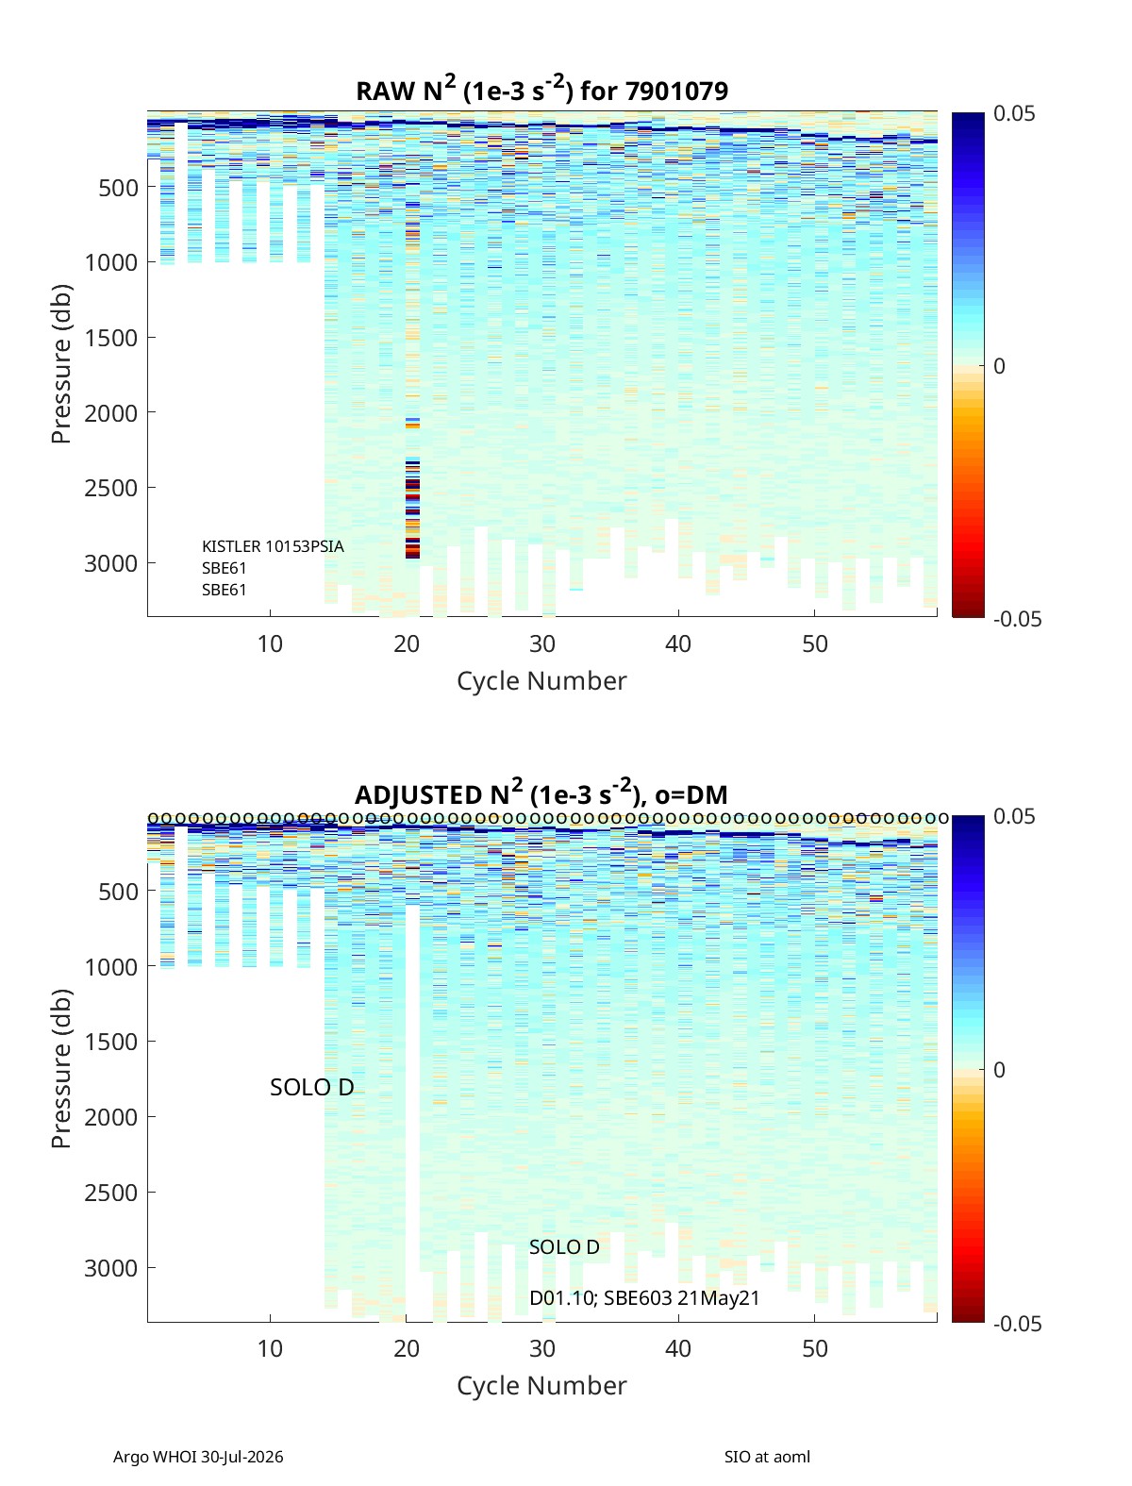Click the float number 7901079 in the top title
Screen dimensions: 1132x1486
(x=676, y=91)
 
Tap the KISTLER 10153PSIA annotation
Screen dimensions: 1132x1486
(x=273, y=546)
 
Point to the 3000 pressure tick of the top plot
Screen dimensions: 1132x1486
(x=111, y=563)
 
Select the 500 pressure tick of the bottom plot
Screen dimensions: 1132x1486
(x=119, y=892)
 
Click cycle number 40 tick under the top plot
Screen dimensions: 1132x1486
(x=678, y=643)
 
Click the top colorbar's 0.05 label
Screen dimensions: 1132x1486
(x=1013, y=114)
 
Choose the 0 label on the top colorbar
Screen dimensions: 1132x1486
(x=999, y=366)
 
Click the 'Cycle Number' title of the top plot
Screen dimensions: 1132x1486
(x=541, y=681)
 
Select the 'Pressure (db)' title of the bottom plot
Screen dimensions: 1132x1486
(x=61, y=1069)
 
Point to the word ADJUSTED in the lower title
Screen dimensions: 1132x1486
(x=418, y=794)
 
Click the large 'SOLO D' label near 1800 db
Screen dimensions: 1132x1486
(x=312, y=1087)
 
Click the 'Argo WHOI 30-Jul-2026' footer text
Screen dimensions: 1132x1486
(x=198, y=1457)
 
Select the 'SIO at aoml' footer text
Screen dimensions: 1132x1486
(x=767, y=1457)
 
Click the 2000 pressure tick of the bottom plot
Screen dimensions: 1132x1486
(x=111, y=1117)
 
